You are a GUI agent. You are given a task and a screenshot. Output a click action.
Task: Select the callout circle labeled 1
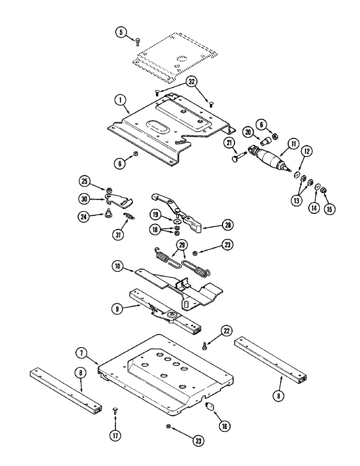pos(120,100)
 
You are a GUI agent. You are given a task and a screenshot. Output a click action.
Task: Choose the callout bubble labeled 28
pos(227,225)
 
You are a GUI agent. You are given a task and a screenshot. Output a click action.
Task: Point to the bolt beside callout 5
pos(138,42)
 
